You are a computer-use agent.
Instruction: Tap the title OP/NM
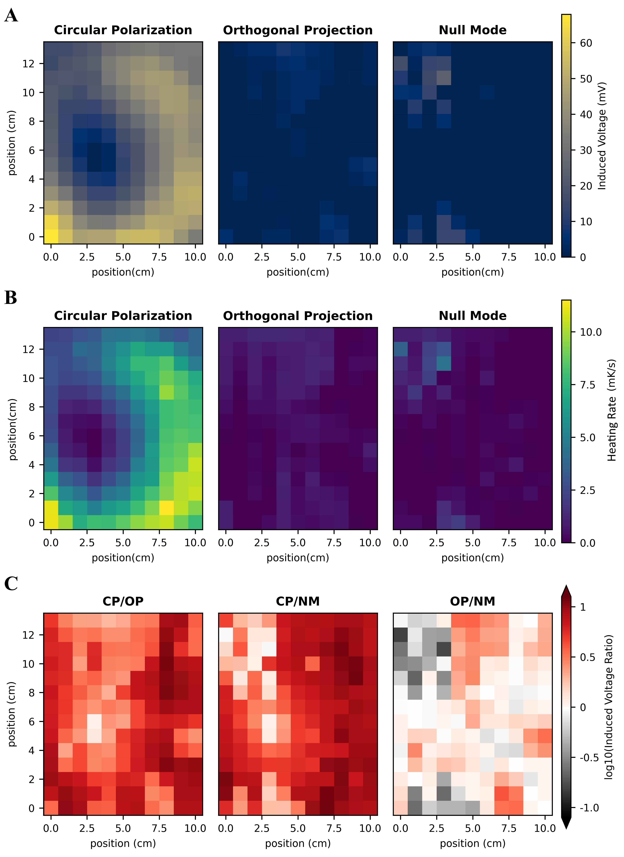(472, 601)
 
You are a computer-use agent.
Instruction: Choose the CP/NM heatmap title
(298, 601)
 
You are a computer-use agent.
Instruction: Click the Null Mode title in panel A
(472, 30)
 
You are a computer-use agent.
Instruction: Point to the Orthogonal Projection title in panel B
(298, 316)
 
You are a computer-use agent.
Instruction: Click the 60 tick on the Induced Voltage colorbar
(586, 43)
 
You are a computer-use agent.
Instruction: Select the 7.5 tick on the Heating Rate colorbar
(588, 385)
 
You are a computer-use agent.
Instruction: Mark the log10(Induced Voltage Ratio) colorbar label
(608, 707)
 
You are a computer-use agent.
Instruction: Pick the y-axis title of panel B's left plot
(13, 429)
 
